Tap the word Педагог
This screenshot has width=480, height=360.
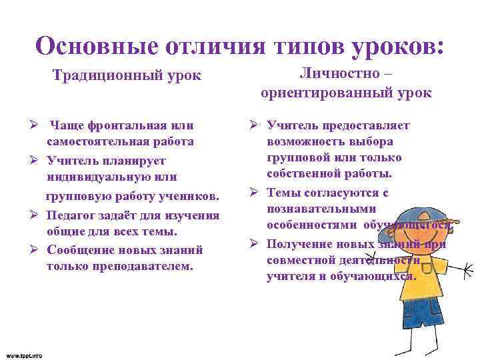tap(73, 215)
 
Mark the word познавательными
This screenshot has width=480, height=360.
tap(312, 209)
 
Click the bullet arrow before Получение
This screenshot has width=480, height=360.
tap(254, 243)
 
